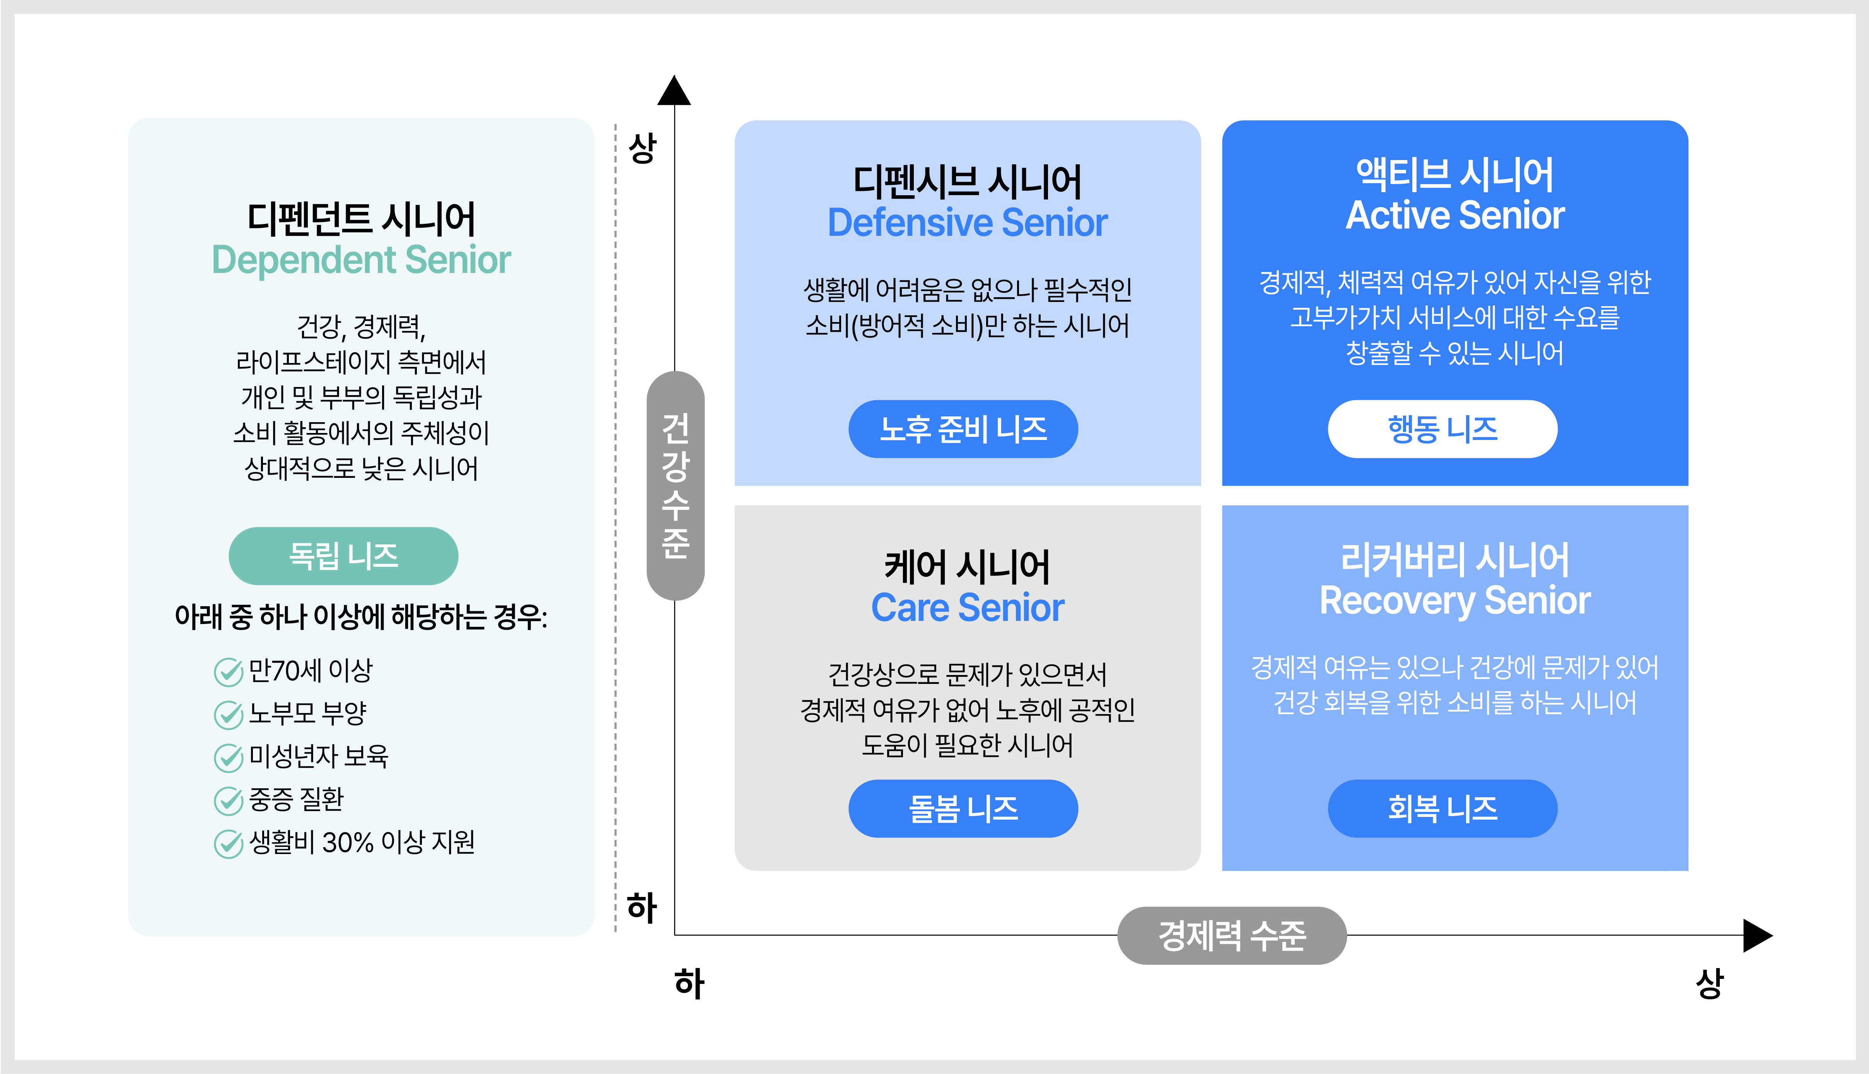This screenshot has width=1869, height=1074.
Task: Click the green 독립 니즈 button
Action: point(343,556)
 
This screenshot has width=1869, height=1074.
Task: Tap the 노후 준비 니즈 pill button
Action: point(963,429)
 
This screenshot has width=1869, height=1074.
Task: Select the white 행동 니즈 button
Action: point(1442,429)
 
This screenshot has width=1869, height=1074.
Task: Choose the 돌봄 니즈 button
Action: point(963,808)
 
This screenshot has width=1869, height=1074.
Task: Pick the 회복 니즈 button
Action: point(1442,808)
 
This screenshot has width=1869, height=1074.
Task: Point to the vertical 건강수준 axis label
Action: point(675,485)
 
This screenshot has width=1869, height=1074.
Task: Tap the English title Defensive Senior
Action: point(967,223)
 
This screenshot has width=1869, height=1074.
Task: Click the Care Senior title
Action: point(967,608)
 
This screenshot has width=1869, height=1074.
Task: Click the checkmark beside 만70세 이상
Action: point(228,671)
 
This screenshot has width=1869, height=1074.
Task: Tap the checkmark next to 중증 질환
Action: point(228,800)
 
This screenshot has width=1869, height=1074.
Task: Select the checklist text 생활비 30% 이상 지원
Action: point(362,842)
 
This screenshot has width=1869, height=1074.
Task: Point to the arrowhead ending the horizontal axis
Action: point(1758,935)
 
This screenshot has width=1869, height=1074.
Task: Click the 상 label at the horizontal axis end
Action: point(1710,983)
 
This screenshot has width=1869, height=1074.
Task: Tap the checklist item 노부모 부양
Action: point(308,713)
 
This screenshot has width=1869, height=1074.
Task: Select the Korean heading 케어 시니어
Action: point(967,566)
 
